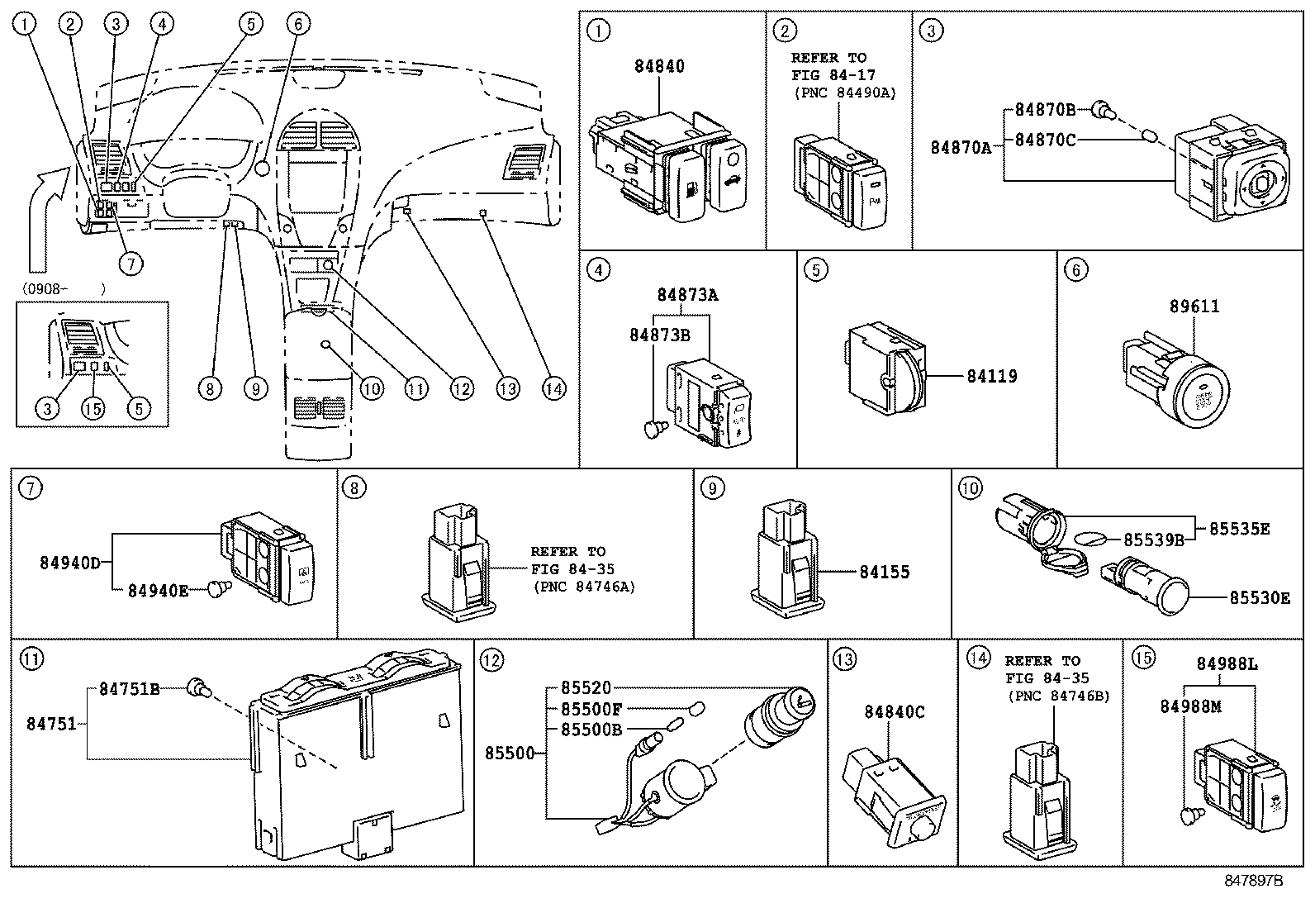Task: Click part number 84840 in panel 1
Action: pos(659,67)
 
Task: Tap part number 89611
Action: pos(1194,307)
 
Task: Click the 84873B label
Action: pos(659,334)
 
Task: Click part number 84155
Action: pos(885,572)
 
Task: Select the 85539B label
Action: pos(1154,540)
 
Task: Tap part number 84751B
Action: pos(130,688)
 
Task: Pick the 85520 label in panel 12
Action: pos(586,687)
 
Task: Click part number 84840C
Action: pos(895,712)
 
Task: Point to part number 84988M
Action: pos(1190,706)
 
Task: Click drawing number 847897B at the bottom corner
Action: pos(1252,881)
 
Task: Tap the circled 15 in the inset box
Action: pos(94,408)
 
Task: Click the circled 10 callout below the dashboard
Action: pos(372,387)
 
